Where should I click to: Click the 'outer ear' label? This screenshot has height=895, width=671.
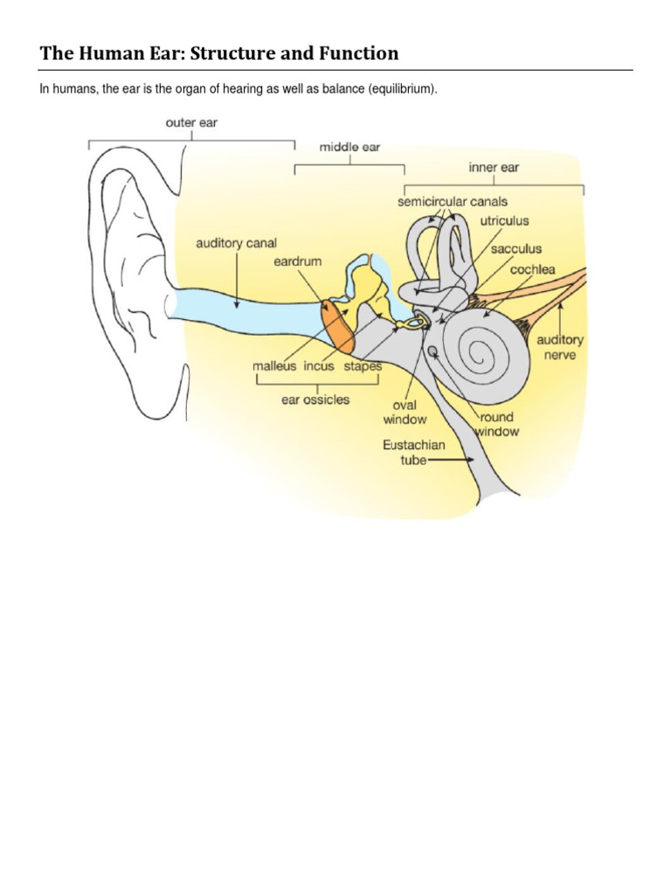click(x=191, y=123)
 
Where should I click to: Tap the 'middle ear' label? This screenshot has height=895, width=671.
click(x=349, y=147)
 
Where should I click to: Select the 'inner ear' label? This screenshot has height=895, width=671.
click(x=495, y=167)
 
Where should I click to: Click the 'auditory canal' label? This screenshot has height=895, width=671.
click(x=236, y=243)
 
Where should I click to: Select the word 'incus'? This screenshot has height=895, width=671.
click(x=319, y=366)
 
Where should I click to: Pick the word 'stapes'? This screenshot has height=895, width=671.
click(x=362, y=366)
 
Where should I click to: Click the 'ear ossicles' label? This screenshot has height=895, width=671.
click(x=315, y=399)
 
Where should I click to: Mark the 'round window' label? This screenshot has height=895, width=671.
click(x=499, y=425)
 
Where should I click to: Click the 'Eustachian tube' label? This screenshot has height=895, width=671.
click(x=413, y=453)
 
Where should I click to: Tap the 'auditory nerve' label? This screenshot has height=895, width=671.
click(x=560, y=347)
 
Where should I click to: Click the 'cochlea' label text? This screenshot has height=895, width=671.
click(x=533, y=269)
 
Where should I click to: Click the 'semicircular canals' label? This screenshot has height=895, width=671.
click(x=452, y=202)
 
